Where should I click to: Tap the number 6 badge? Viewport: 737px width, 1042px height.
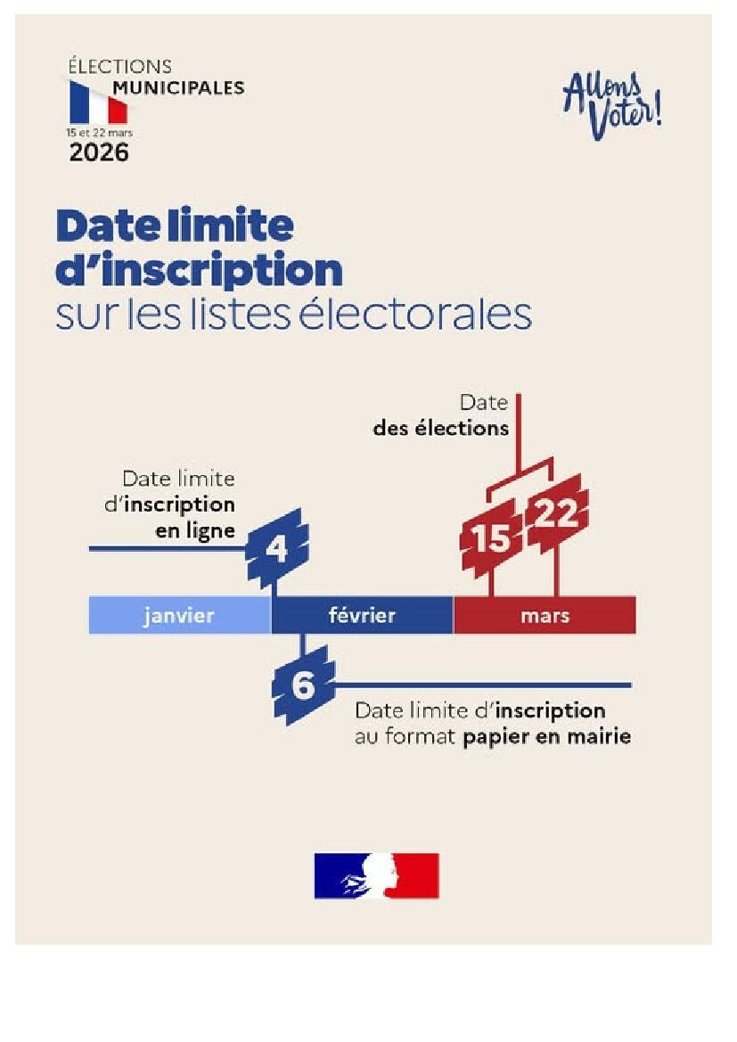tap(304, 685)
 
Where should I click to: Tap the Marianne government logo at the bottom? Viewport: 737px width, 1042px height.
tap(376, 875)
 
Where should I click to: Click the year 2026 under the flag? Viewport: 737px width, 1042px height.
tap(99, 152)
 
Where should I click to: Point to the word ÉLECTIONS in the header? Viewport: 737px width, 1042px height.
tap(120, 67)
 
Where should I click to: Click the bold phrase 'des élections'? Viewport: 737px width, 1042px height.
tap(441, 428)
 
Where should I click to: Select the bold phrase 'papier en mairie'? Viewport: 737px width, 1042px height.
tap(546, 737)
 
